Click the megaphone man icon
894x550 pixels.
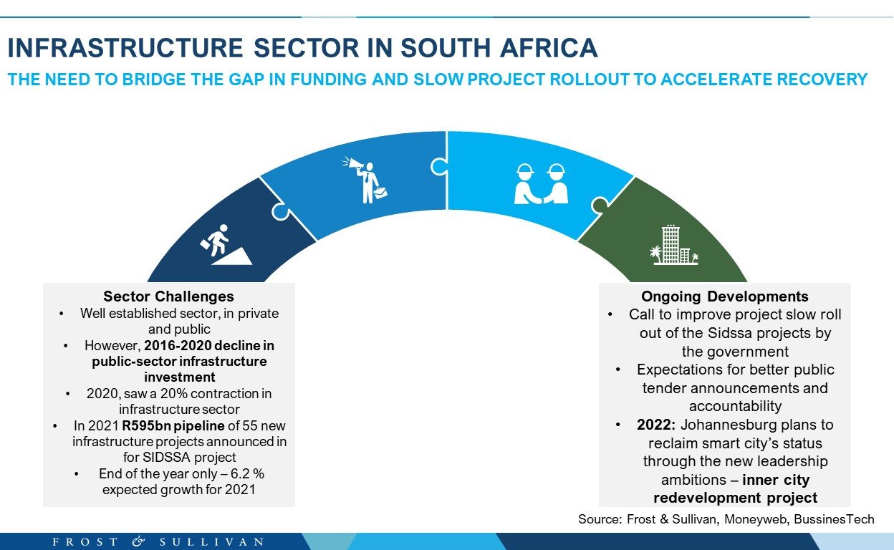pyautogui.click(x=365, y=180)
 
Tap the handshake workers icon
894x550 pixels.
pyautogui.click(x=541, y=183)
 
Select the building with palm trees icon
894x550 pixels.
pyautogui.click(x=674, y=245)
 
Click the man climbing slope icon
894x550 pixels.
pyautogui.click(x=226, y=244)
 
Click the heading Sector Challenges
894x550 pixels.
pyautogui.click(x=168, y=296)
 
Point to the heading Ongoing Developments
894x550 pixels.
pyautogui.click(x=725, y=296)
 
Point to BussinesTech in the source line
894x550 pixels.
pyautogui.click(x=834, y=519)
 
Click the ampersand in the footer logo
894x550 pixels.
pyautogui.click(x=138, y=541)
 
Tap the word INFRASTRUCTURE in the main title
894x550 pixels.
pyautogui.click(x=125, y=48)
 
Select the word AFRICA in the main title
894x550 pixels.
pyautogui.click(x=549, y=48)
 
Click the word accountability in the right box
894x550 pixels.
pyautogui.click(x=735, y=406)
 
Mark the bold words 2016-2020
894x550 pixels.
pyautogui.click(x=175, y=346)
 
